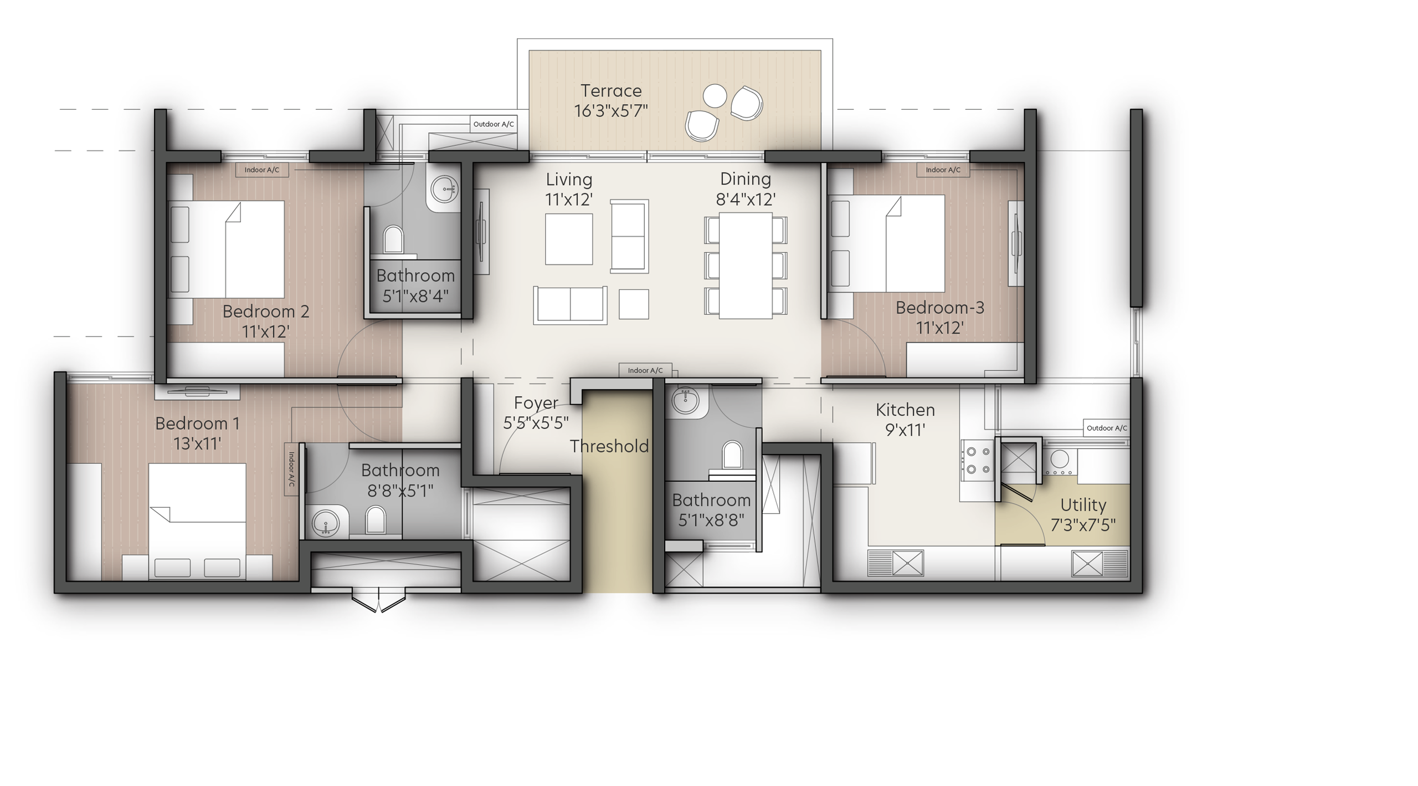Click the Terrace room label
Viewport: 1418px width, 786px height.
tap(611, 90)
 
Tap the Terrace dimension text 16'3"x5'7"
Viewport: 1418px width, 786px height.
tap(611, 111)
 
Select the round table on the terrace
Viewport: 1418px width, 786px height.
tap(715, 96)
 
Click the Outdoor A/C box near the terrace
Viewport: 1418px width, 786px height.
tap(494, 124)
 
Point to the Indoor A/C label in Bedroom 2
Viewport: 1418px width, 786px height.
tap(262, 170)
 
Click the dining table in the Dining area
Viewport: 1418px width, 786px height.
tap(746, 266)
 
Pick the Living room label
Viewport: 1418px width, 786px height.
tap(569, 180)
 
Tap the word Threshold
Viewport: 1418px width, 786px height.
tap(609, 446)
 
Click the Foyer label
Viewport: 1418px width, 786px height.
tap(536, 403)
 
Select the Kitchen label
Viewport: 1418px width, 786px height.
tap(905, 410)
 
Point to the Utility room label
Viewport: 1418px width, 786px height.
tap(1083, 505)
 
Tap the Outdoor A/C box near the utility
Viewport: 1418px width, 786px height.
tap(1107, 428)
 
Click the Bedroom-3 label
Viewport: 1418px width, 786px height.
tap(940, 308)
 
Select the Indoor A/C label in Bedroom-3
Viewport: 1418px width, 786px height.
tap(943, 170)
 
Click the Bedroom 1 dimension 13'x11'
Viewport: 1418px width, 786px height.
tap(197, 443)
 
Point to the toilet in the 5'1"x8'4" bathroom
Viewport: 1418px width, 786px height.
tap(393, 239)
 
